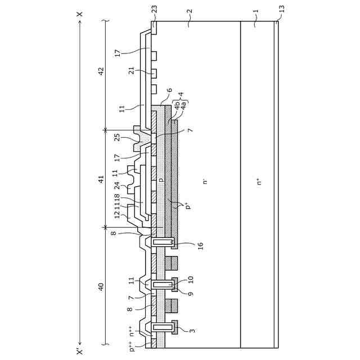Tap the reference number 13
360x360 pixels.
282,9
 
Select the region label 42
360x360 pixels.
101,71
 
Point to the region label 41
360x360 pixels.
101,179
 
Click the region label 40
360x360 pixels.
101,287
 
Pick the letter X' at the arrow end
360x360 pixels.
79,352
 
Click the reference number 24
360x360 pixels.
118,186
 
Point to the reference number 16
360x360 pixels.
200,246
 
